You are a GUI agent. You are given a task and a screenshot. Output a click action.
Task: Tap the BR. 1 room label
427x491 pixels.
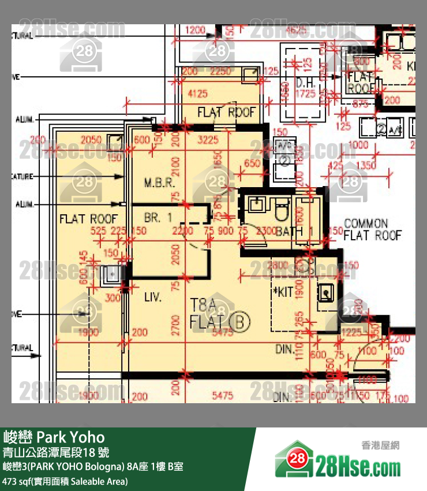point(158,218)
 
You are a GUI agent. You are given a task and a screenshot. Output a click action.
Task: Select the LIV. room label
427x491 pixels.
point(153,298)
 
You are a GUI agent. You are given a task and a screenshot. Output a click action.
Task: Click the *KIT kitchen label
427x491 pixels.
point(283,293)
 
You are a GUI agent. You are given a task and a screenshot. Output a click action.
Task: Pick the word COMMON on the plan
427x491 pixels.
point(366,224)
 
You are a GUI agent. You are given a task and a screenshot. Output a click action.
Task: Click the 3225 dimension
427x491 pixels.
point(208,139)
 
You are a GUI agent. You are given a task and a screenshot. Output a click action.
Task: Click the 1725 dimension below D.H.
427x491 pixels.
point(305,93)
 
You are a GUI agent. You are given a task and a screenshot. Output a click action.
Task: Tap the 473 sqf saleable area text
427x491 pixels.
point(65,481)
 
